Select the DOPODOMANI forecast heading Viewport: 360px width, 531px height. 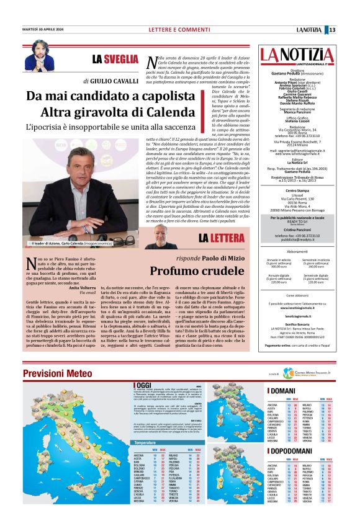[x=293, y=455]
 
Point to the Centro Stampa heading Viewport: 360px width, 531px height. [x=298, y=190]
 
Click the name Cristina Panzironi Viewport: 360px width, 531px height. [x=298, y=229]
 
